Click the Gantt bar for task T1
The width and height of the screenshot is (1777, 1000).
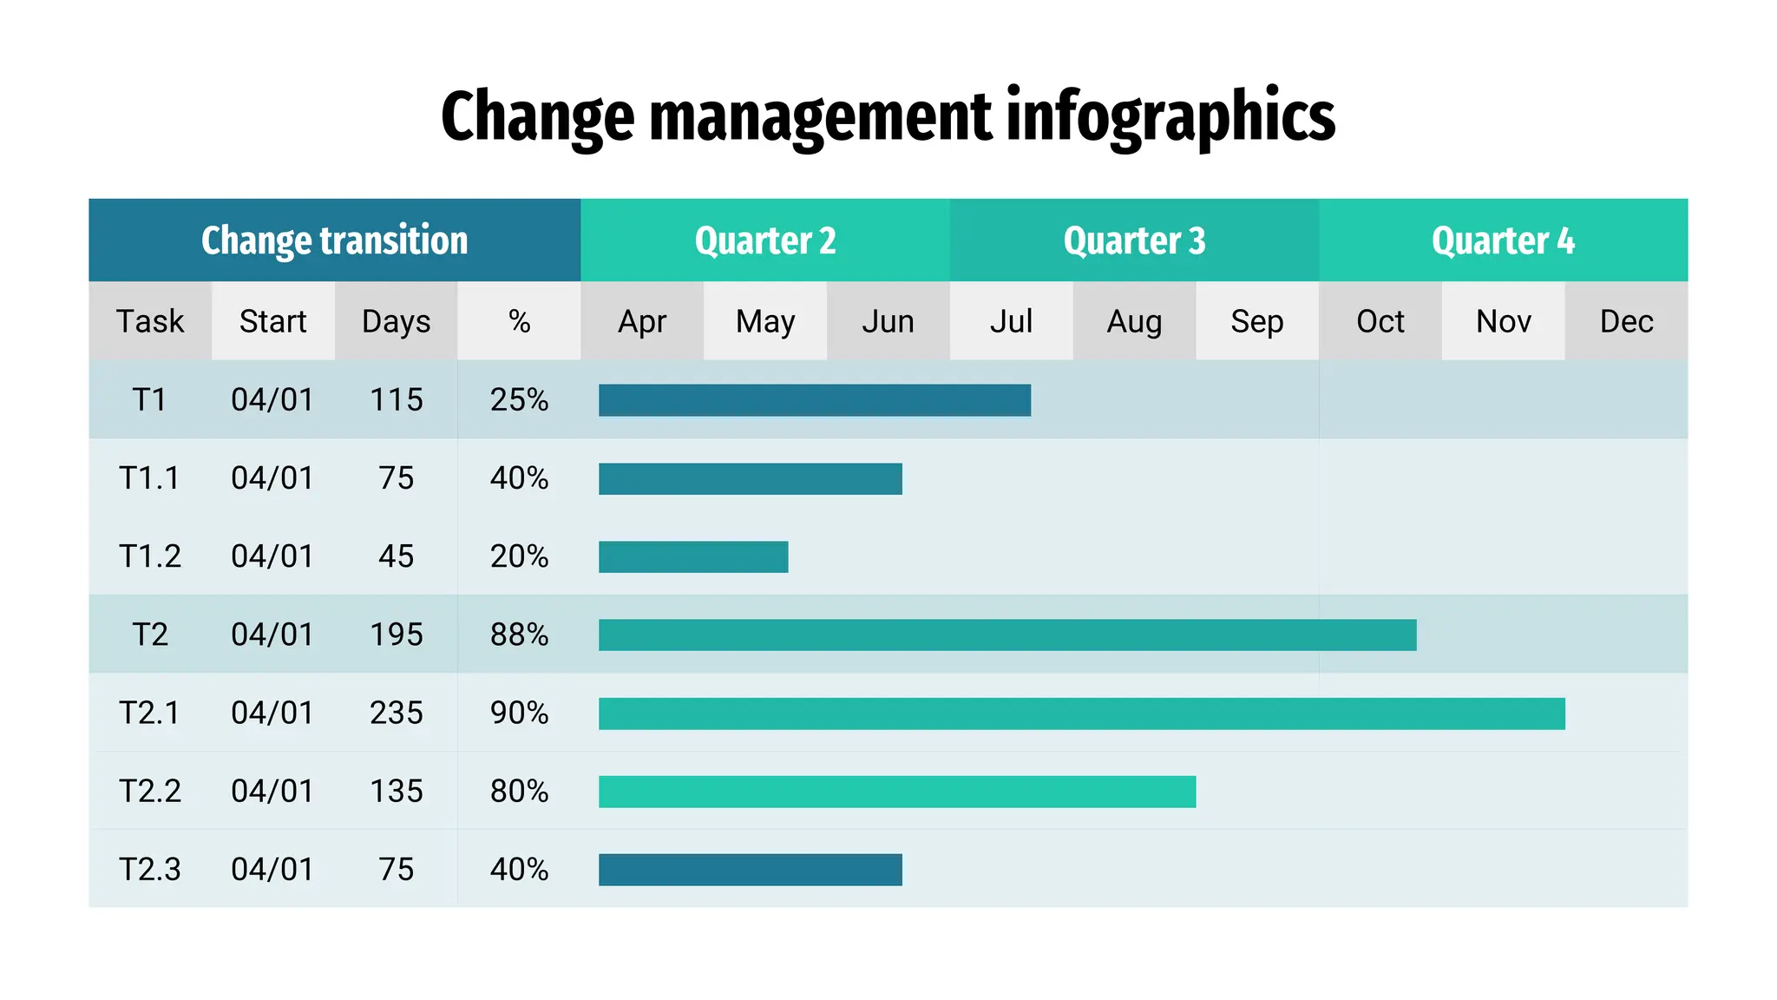tap(814, 400)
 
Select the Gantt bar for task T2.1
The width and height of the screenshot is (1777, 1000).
tap(1081, 714)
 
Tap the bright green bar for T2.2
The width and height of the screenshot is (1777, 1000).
tap(896, 792)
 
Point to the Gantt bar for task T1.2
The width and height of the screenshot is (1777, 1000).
tap(692, 557)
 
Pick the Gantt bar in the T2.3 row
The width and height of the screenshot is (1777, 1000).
tap(750, 870)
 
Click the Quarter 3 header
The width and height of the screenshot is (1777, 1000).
tap(1134, 240)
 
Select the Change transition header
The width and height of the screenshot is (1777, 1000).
tap(334, 240)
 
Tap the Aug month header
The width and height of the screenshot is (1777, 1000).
tap(1134, 321)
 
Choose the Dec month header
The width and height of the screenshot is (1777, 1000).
tap(1626, 321)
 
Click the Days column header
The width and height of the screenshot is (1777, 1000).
tap(396, 321)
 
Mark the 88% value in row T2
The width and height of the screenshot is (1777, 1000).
tap(519, 635)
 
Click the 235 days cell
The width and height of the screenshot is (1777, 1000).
tap(396, 713)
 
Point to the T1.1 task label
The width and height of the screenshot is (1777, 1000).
tap(149, 478)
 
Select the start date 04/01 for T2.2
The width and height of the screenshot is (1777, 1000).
tap(272, 791)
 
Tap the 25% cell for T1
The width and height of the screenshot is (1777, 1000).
tap(519, 400)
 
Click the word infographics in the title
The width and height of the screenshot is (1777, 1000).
tap(1170, 117)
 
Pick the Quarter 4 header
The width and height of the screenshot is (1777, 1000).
tap(1503, 240)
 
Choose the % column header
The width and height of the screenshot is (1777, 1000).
tap(519, 321)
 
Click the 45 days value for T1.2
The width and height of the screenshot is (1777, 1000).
tap(396, 556)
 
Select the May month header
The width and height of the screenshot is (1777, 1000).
tap(764, 321)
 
